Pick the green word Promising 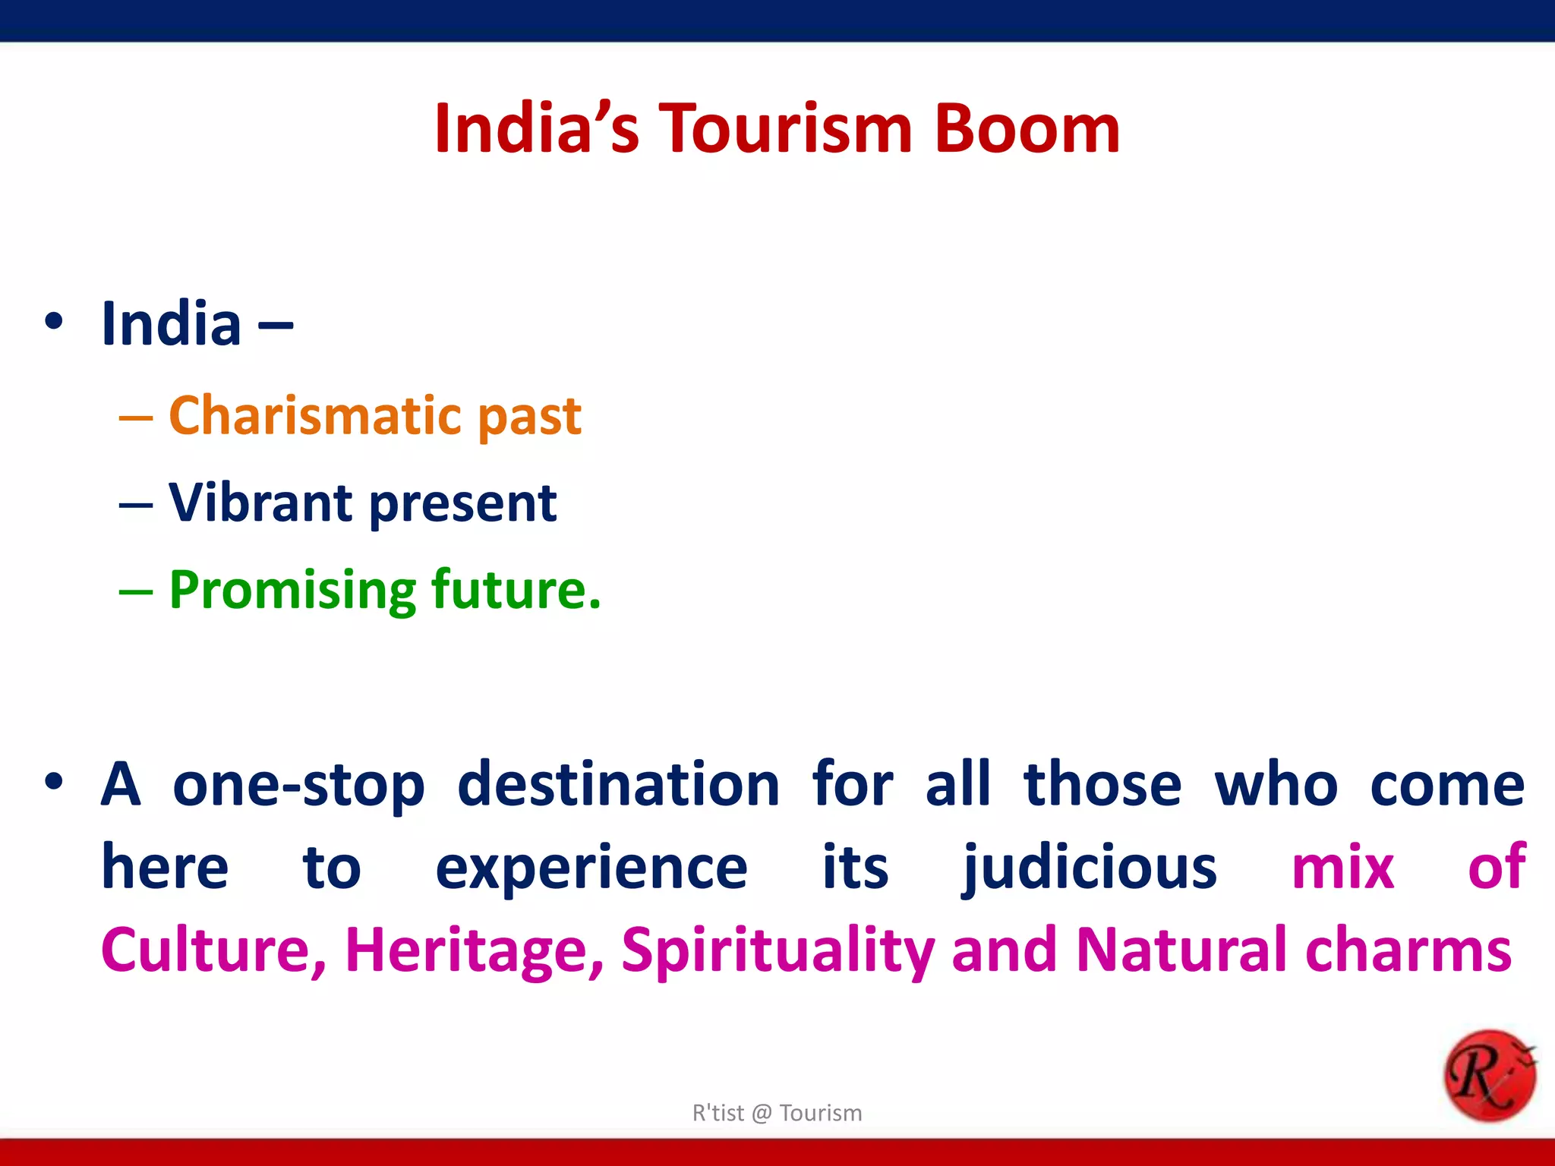292,591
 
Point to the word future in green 516,589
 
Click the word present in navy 463,504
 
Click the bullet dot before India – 54,321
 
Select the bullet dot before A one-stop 54,782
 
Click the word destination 619,784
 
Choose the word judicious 1090,868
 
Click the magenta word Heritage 475,950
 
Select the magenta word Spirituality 777,950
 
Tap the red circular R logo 1489,1075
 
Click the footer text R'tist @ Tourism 777,1113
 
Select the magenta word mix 1342,868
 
